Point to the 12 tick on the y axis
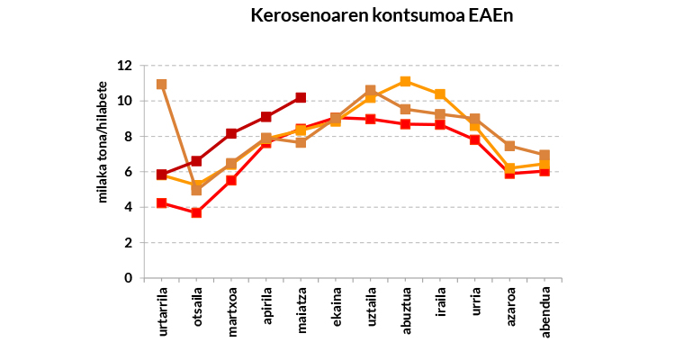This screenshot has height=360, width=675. [124, 66]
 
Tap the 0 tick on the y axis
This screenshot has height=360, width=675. [128, 278]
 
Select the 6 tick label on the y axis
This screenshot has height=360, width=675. [128, 172]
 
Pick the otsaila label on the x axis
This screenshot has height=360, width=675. [197, 312]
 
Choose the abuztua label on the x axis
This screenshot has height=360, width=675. [406, 313]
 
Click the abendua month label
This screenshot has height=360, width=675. [545, 313]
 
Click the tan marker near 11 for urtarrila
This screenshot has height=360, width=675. [162, 85]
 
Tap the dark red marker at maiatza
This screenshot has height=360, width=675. [301, 97]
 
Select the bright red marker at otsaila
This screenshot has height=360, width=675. [196, 212]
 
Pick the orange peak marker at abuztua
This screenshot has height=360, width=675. [405, 82]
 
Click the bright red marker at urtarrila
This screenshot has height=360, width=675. [162, 203]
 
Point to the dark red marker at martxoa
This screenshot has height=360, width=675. [231, 133]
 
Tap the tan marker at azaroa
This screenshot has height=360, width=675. [509, 146]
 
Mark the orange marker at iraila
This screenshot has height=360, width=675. [440, 94]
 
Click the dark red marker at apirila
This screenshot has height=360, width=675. [266, 117]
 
